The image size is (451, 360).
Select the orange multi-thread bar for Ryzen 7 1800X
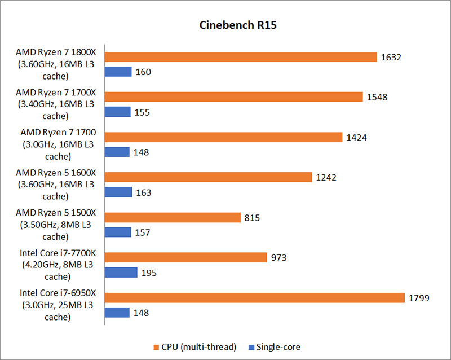pyautogui.click(x=241, y=56)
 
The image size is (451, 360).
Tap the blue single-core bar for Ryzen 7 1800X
pyautogui.click(x=118, y=72)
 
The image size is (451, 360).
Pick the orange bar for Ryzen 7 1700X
pyautogui.click(x=234, y=96)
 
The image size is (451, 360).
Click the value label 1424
pyautogui.click(x=357, y=137)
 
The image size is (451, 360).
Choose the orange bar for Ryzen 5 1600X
pyautogui.click(x=209, y=177)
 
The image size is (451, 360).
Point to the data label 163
pyautogui.click(x=144, y=192)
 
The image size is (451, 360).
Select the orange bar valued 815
pyautogui.click(x=173, y=217)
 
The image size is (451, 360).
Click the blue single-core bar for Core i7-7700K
pyautogui.click(x=121, y=273)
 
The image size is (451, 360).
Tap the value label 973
pyautogui.click(x=278, y=258)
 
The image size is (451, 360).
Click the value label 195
pyautogui.click(x=148, y=273)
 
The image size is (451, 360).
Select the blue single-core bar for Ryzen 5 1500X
pyautogui.click(x=118, y=232)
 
